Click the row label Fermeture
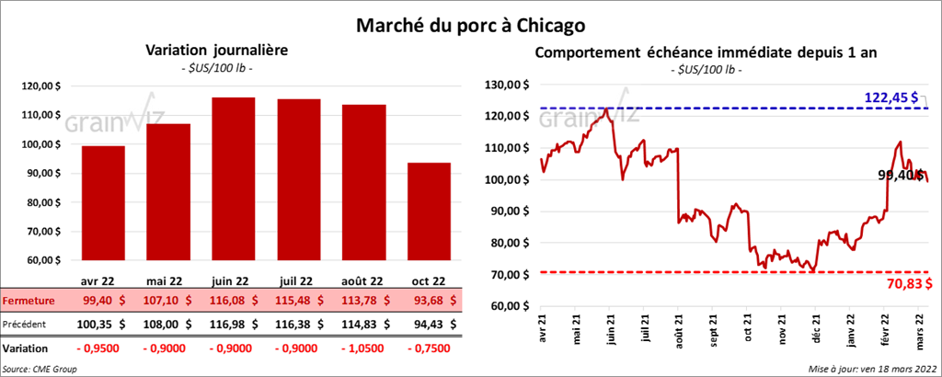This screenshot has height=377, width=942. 28,301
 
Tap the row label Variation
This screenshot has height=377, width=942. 26,349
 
